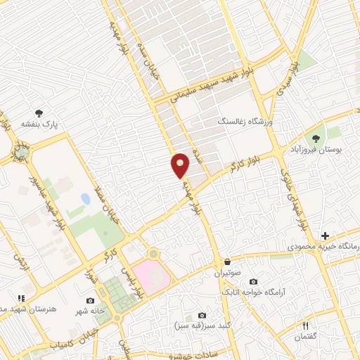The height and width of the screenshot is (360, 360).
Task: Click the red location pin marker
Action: [x=181, y=165]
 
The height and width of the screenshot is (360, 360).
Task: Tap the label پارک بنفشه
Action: [x=39, y=124]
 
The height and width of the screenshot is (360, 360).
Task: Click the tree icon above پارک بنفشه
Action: [x=39, y=112]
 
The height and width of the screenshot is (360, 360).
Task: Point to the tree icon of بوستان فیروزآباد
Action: [x=314, y=138]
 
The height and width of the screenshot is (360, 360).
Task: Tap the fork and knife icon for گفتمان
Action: [x=305, y=325]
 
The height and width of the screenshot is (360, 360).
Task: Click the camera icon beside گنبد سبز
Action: [x=202, y=315]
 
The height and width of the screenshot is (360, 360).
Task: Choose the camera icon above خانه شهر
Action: [x=90, y=300]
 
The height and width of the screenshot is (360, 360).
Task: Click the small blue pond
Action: [x=85, y=199]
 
